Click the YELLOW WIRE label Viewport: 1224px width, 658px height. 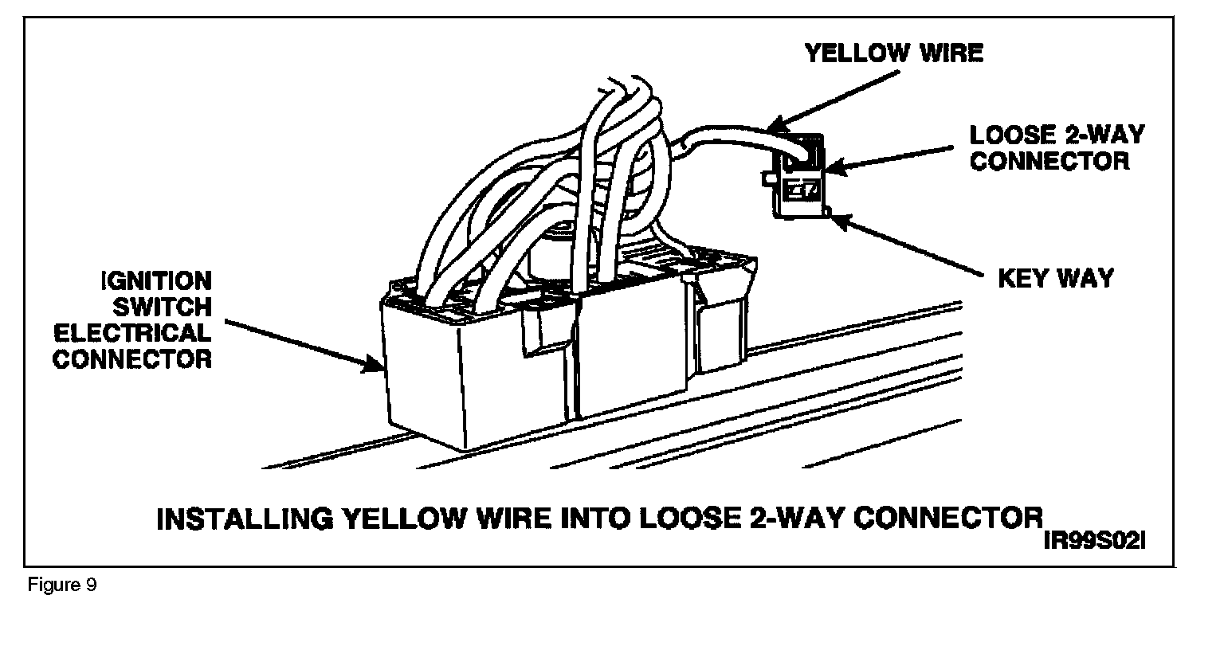[893, 53]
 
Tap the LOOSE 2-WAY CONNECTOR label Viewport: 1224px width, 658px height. [1057, 147]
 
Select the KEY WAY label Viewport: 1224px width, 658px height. [1056, 278]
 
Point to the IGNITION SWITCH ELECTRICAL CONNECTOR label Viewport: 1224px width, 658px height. [132, 319]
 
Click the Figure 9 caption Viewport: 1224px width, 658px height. [63, 586]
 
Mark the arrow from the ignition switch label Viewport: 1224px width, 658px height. [303, 343]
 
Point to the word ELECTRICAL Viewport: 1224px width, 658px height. [132, 332]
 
